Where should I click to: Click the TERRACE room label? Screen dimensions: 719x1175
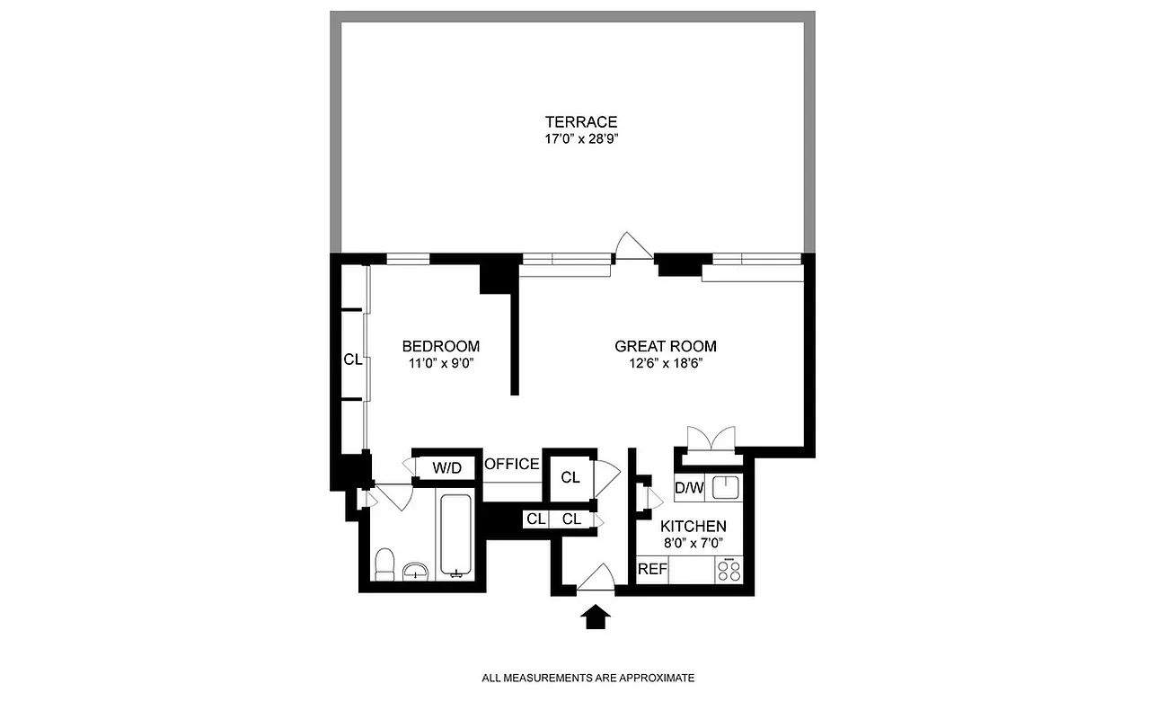coord(580,122)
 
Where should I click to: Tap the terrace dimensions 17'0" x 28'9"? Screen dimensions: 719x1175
coord(580,139)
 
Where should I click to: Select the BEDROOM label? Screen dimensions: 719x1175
coord(440,346)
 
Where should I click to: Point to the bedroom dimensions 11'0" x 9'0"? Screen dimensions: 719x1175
coord(440,364)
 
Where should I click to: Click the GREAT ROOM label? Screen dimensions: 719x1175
coord(666,346)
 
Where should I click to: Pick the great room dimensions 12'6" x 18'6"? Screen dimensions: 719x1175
coord(666,364)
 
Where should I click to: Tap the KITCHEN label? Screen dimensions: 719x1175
coord(694,527)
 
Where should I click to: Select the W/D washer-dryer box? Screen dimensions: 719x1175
coord(446,467)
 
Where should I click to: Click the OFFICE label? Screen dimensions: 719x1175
coord(512,465)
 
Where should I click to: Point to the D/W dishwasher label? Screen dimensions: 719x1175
coord(688,488)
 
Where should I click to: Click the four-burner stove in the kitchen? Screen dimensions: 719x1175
coord(729,569)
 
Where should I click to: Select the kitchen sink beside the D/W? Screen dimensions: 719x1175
coord(725,488)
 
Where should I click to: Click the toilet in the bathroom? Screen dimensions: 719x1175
coord(384,564)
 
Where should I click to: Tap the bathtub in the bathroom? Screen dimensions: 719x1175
coord(457,534)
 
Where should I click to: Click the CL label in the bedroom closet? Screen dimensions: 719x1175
coord(352,359)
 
